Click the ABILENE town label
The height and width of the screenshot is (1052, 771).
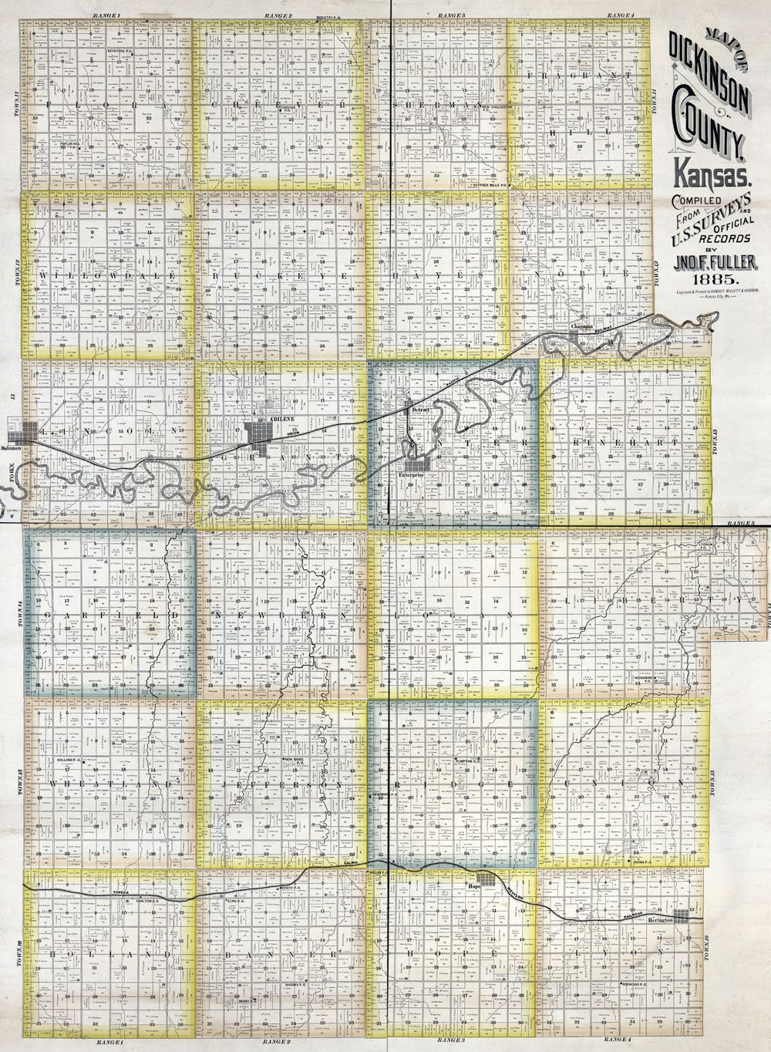click(x=279, y=417)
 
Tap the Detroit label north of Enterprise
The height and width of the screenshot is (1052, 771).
click(x=420, y=410)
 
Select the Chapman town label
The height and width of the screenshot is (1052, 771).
click(x=582, y=326)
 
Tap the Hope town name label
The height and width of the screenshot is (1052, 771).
click(x=475, y=888)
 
